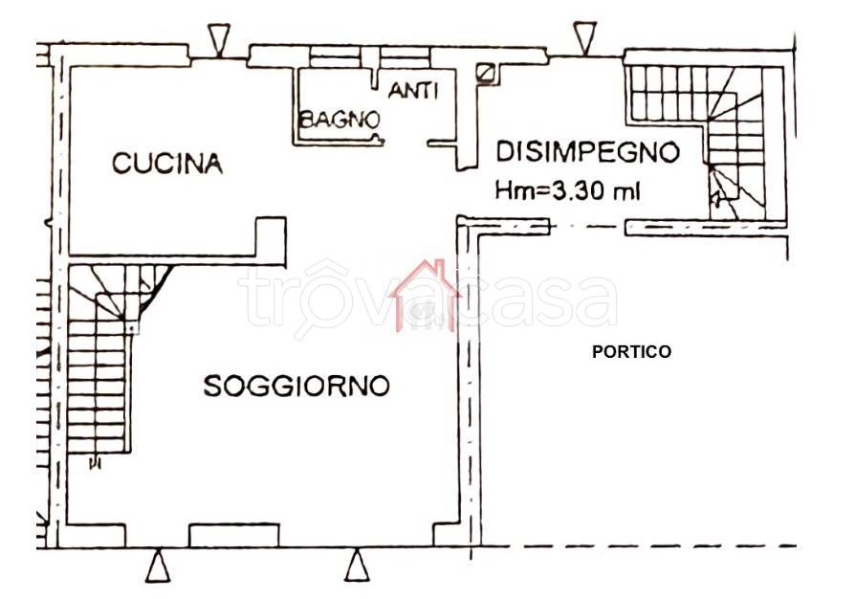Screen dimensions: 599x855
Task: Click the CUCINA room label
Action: click(167, 164)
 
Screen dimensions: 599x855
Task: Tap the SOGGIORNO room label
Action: click(296, 386)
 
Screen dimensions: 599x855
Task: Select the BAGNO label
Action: click(340, 120)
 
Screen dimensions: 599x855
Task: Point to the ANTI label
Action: click(413, 91)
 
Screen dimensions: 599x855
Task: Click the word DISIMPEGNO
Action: click(587, 152)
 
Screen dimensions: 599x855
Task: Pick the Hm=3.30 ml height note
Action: click(568, 190)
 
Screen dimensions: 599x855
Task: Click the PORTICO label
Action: click(631, 352)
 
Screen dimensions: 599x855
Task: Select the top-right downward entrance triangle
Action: click(584, 38)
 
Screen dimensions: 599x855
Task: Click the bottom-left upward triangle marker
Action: click(159, 566)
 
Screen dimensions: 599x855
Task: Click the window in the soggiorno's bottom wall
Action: click(234, 535)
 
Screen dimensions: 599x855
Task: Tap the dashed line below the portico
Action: click(635, 546)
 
